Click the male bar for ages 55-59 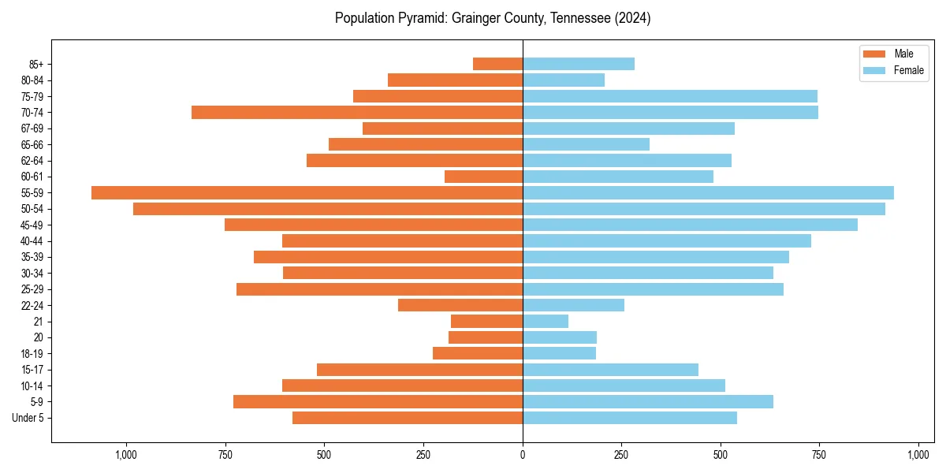307,192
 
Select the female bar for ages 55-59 708,192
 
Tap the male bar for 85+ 497,64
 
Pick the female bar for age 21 546,321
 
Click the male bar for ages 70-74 357,112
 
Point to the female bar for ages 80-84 564,80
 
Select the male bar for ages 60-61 483,177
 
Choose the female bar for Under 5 630,418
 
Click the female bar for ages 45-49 690,225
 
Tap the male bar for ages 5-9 378,401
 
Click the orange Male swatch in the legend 874,54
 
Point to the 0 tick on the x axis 523,455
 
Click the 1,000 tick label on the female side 918,455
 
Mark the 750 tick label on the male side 225,455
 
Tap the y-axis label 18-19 32,353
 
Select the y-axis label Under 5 28,418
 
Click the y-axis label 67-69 32,128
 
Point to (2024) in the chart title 633,18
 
